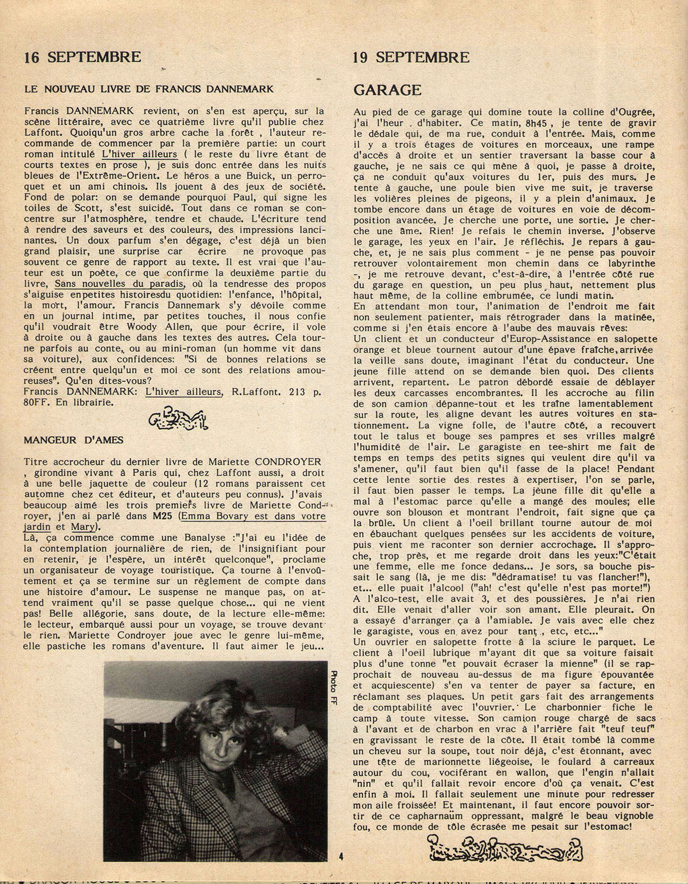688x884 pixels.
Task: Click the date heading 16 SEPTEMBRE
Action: [x=82, y=57]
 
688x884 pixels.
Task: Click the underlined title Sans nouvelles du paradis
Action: [x=120, y=284]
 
